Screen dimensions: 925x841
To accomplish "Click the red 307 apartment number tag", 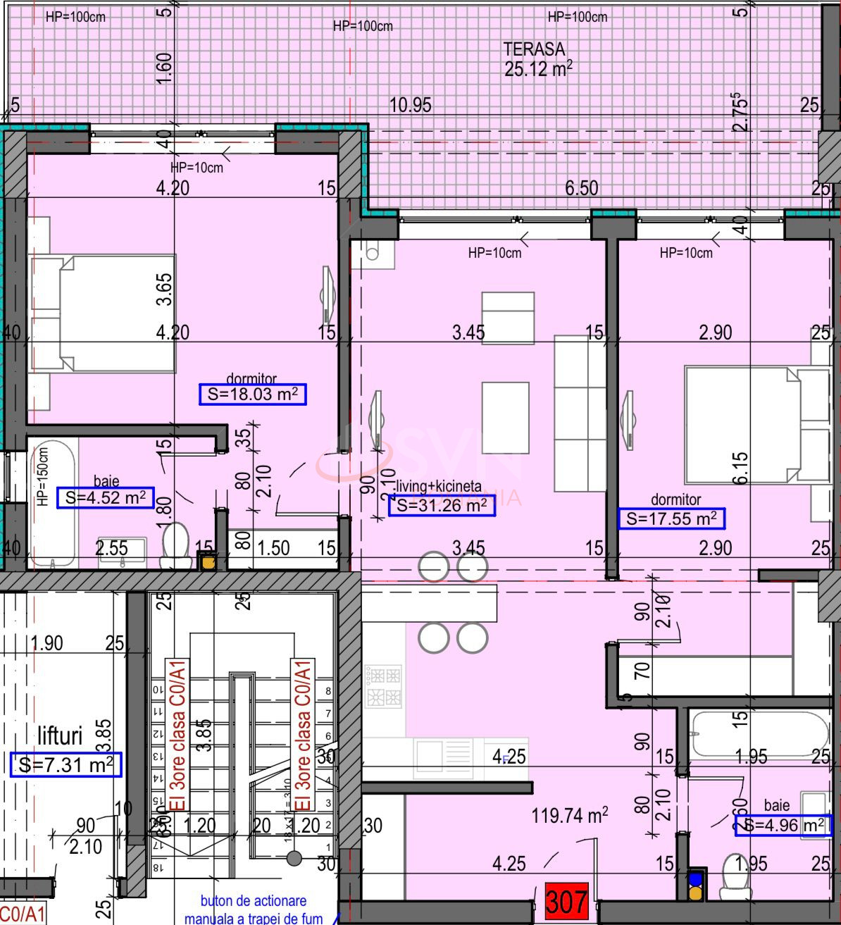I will [x=566, y=902].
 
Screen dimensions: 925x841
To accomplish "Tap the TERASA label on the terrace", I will [x=534, y=49].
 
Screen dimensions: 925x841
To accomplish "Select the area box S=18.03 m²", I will [x=253, y=395].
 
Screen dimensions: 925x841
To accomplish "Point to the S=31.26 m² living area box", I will [x=442, y=505].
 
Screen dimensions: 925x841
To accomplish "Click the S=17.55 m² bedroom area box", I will [x=671, y=519].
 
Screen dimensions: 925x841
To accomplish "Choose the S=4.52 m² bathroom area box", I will [x=105, y=498].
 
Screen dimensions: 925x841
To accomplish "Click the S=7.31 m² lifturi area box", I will [x=66, y=764].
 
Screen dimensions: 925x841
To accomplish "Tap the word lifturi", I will [x=60, y=736].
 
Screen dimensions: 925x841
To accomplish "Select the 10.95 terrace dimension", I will [x=411, y=106].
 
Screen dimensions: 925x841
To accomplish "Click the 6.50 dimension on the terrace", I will [x=582, y=188].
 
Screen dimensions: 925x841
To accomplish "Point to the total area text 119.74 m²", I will [x=570, y=816].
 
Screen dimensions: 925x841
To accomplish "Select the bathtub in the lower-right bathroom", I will [x=759, y=735].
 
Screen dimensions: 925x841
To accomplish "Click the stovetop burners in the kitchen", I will [x=383, y=687].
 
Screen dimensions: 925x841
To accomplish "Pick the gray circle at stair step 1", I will [x=294, y=858].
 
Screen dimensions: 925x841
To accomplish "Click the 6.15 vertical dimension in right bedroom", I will [x=740, y=468].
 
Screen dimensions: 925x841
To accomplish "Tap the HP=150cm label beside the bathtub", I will [x=42, y=477].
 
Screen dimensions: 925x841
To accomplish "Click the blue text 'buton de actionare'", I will [x=254, y=901].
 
